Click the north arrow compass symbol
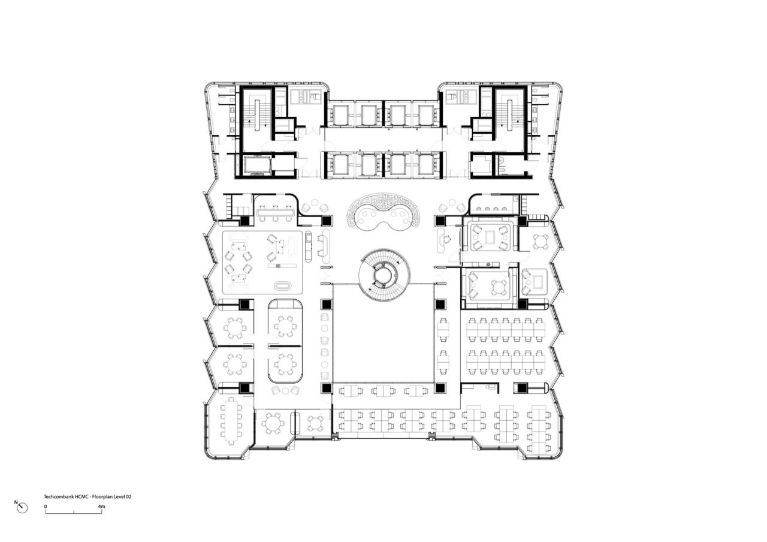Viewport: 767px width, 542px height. coord(22,508)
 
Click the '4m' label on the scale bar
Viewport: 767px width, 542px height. coord(101,507)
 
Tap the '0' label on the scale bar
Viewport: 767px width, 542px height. coord(46,507)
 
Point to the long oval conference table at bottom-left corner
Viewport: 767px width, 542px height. coord(231,420)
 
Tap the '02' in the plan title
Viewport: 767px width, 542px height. coord(128,497)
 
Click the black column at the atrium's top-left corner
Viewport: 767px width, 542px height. coord(327,304)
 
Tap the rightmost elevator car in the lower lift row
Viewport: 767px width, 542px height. coord(427,164)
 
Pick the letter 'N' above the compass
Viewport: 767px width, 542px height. coord(16,502)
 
